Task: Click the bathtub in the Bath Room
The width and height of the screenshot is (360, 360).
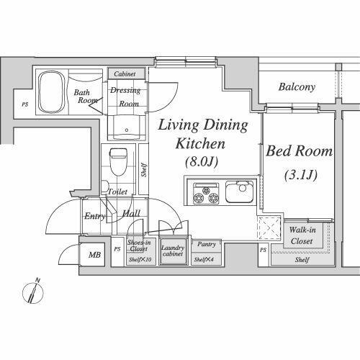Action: pyautogui.click(x=52, y=91)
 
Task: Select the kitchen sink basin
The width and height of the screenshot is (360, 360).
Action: pyautogui.click(x=240, y=192)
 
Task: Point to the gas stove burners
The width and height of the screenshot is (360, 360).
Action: pyautogui.click(x=206, y=194)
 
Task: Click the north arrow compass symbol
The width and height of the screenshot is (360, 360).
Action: pyautogui.click(x=33, y=291)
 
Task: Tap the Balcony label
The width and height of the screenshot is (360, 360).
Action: pyautogui.click(x=297, y=87)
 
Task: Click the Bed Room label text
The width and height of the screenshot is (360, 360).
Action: pyautogui.click(x=299, y=151)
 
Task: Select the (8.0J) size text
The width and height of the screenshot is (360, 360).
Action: pyautogui.click(x=202, y=162)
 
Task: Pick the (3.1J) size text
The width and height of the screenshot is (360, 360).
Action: pyautogui.click(x=301, y=175)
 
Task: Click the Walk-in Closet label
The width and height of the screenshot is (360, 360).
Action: pyautogui.click(x=302, y=235)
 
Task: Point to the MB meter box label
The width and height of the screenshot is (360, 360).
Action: pyautogui.click(x=94, y=255)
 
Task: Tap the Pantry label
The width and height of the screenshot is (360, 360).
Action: pyautogui.click(x=207, y=244)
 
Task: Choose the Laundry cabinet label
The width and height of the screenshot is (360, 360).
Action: pyautogui.click(x=173, y=251)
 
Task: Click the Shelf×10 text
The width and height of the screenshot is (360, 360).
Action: pyautogui.click(x=140, y=259)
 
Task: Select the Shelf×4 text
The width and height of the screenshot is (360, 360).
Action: pyautogui.click(x=204, y=259)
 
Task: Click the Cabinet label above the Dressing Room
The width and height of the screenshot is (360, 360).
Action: pyautogui.click(x=125, y=74)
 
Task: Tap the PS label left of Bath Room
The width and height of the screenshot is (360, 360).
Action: pyautogui.click(x=25, y=104)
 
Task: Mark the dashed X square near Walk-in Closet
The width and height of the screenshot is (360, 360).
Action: pyautogui.click(x=269, y=228)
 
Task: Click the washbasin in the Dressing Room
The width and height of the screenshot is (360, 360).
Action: pyautogui.click(x=127, y=127)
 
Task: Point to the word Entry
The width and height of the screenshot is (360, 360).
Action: pyautogui.click(x=94, y=216)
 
